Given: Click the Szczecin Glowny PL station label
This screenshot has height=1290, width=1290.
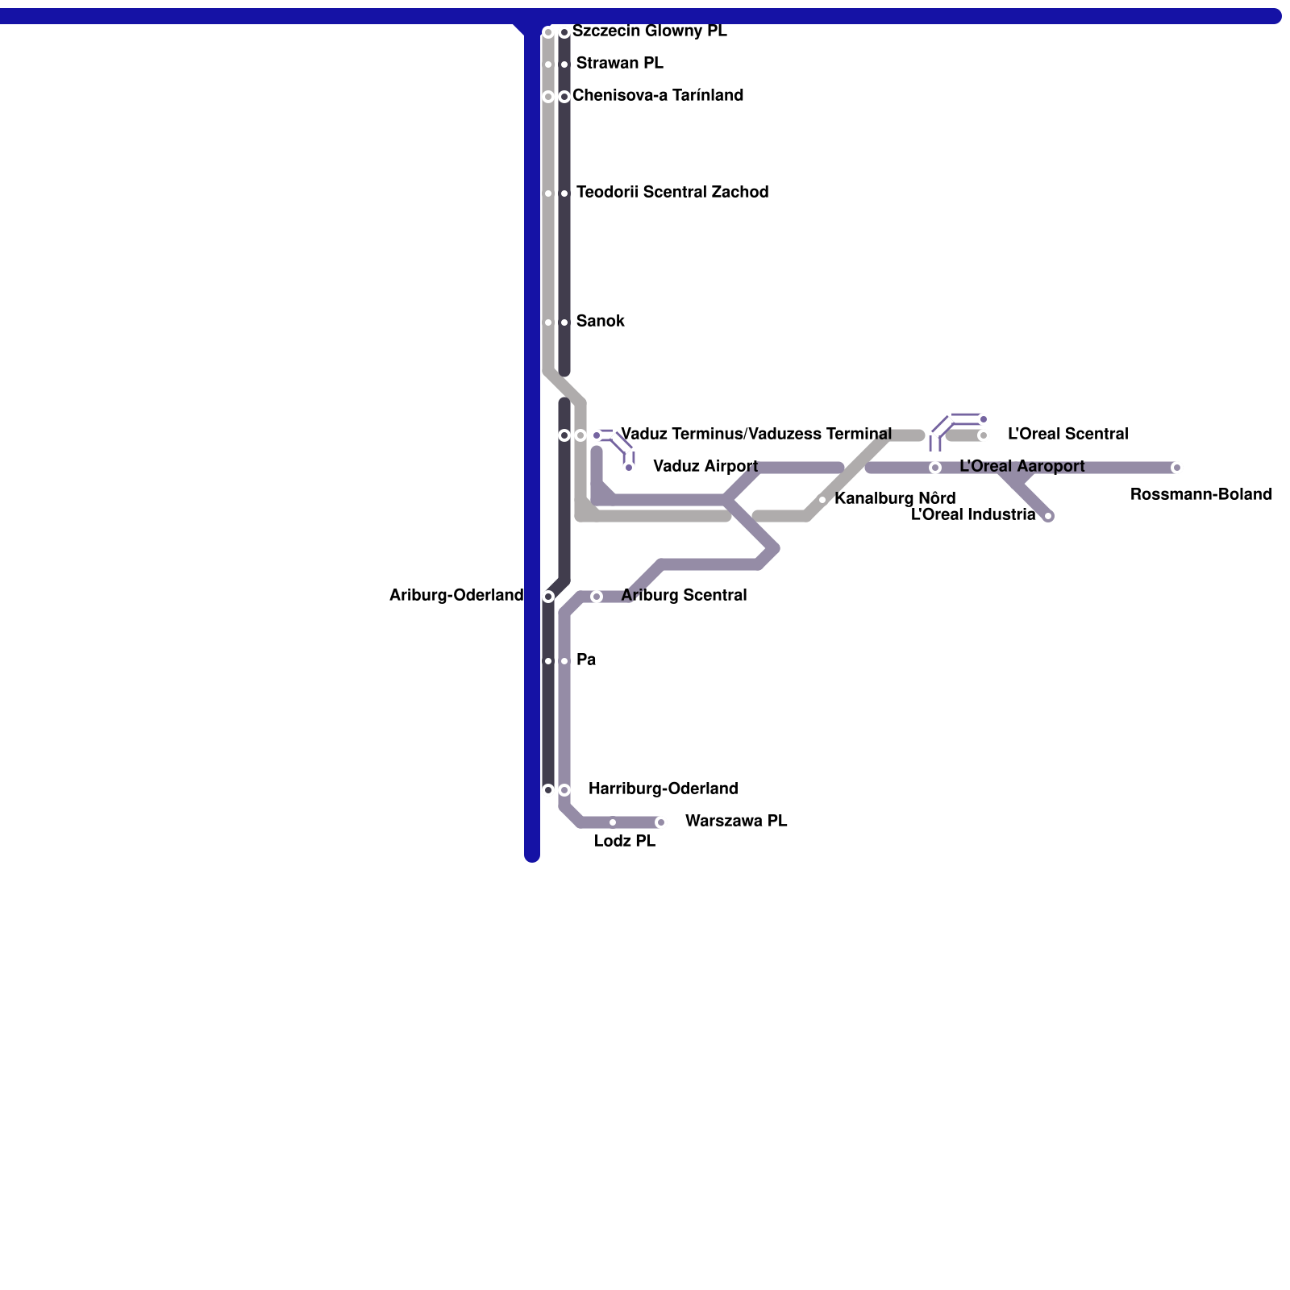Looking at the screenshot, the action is pyautogui.click(x=650, y=31).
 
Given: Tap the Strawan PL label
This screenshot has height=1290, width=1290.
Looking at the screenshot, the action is pyautogui.click(x=619, y=64).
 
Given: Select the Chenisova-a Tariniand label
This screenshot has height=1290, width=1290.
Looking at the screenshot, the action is pyautogui.click(x=658, y=96).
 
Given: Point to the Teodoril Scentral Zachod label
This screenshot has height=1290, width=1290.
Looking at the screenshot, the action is pyautogui.click(x=672, y=193).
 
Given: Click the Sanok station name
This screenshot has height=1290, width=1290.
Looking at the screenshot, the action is pyautogui.click(x=601, y=322).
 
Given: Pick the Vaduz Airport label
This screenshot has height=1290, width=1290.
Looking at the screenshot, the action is pyautogui.click(x=705, y=467).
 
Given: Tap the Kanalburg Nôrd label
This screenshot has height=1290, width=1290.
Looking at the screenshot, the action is pyautogui.click(x=895, y=499).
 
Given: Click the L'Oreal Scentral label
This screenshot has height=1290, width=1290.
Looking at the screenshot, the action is pyautogui.click(x=1067, y=435).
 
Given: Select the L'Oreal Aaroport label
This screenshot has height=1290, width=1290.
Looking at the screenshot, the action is pyautogui.click(x=1022, y=467).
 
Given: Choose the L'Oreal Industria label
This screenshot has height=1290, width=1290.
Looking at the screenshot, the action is pyautogui.click(x=973, y=515).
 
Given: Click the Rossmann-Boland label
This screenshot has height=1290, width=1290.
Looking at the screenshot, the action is pyautogui.click(x=1201, y=495).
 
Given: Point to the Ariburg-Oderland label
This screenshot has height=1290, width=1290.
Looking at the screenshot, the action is pyautogui.click(x=456, y=596).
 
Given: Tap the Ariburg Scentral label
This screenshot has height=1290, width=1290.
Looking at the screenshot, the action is pyautogui.click(x=684, y=596).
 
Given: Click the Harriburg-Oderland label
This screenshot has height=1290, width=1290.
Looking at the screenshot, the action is pyautogui.click(x=663, y=789).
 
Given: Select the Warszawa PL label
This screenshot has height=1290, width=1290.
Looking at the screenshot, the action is pyautogui.click(x=736, y=822).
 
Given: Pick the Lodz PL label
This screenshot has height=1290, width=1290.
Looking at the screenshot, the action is pyautogui.click(x=625, y=842).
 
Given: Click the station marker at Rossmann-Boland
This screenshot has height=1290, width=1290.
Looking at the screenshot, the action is pyautogui.click(x=1176, y=468).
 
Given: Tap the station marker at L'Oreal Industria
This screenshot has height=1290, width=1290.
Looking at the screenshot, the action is pyautogui.click(x=1048, y=516).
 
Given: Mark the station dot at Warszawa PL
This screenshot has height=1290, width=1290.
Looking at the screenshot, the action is pyautogui.click(x=660, y=822).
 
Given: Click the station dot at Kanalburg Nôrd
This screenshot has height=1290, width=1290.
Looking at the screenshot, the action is pyautogui.click(x=822, y=500).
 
